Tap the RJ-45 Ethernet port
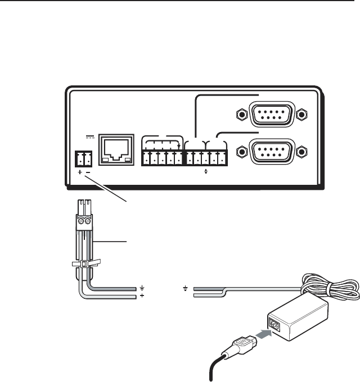coord(116,149)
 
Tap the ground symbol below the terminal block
coord(206,171)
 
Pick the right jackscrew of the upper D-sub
coord(302,115)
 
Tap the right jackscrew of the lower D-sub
coord(302,151)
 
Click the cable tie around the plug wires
coord(83,263)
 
